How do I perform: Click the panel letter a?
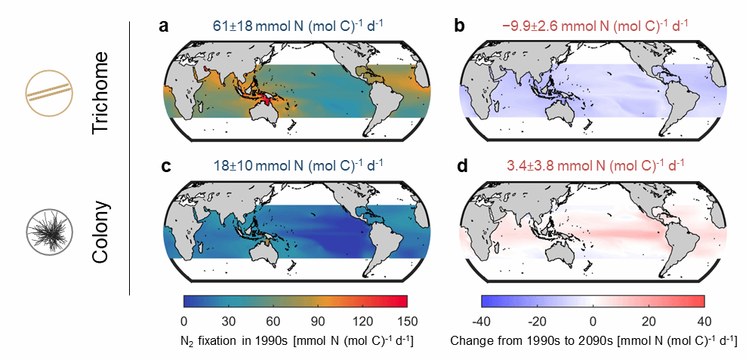coord(163,27)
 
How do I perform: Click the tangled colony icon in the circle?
coord(45,228)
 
